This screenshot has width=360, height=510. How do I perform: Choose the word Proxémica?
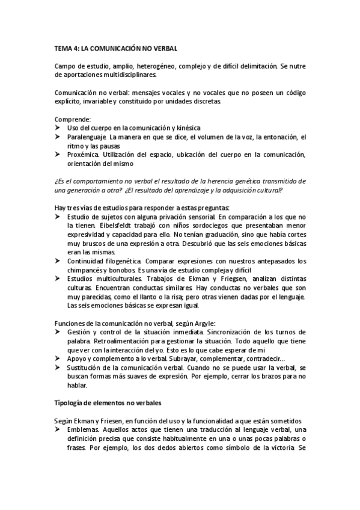tap(85, 155)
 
